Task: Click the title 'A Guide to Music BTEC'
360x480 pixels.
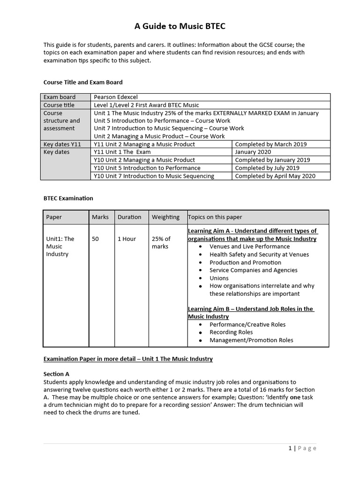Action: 180,26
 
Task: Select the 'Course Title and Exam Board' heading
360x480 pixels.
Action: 83,82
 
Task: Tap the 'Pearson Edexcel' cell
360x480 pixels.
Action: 116,97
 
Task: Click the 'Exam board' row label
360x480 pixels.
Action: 60,97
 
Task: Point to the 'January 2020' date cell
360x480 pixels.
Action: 253,152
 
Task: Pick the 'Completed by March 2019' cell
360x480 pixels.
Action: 270,144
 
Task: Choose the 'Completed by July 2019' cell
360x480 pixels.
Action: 267,168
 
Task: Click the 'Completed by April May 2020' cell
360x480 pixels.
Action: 275,176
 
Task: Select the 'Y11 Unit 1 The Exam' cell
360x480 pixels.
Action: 122,152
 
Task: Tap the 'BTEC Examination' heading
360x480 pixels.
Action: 68,198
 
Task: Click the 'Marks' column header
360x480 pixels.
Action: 100,217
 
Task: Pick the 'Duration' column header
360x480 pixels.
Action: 129,217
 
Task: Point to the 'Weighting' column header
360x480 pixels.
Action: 165,217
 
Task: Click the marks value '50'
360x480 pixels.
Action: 95,239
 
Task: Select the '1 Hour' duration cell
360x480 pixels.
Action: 127,239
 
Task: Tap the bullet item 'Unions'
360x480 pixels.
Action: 219,278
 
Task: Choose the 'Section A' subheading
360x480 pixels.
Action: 56,374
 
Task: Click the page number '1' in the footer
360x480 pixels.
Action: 290,448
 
